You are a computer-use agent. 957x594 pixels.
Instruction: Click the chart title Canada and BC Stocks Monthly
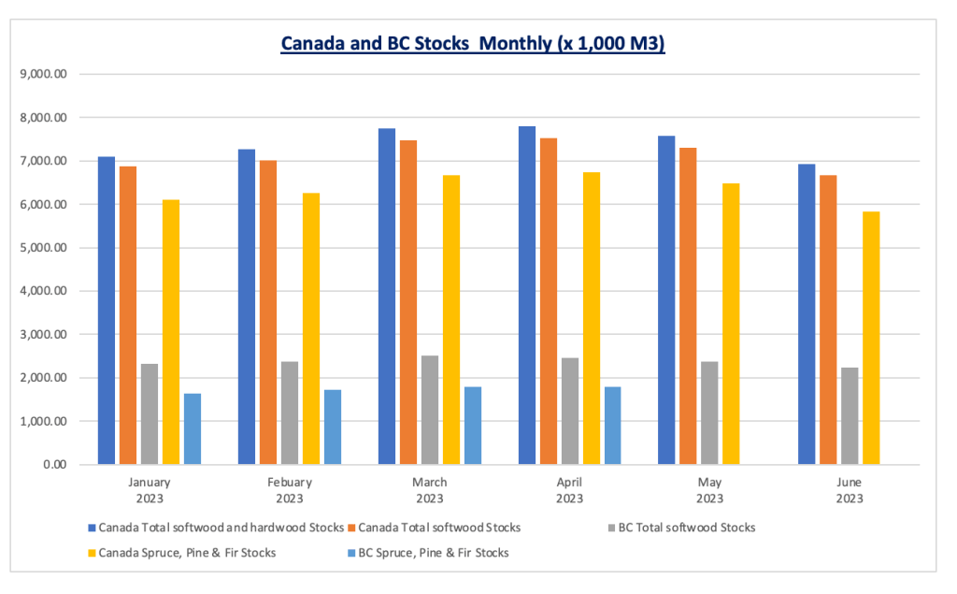(x=472, y=44)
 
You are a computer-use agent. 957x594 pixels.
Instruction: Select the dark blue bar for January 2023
(x=107, y=311)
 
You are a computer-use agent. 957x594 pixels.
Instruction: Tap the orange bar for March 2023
(x=408, y=302)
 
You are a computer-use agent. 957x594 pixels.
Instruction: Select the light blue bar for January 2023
(x=192, y=428)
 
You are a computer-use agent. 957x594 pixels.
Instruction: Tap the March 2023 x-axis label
(x=430, y=490)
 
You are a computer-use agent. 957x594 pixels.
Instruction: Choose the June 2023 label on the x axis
(x=850, y=490)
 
